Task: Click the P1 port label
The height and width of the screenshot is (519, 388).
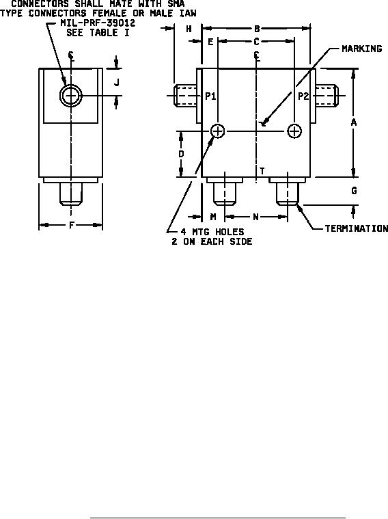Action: (210, 96)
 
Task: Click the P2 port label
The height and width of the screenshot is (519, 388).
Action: (303, 96)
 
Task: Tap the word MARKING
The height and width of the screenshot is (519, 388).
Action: (362, 49)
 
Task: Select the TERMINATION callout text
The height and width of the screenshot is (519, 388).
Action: (357, 228)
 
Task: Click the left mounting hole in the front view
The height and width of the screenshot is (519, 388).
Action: (218, 131)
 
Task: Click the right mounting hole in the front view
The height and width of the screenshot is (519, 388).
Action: (294, 131)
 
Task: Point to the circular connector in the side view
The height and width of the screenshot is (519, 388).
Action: (70, 96)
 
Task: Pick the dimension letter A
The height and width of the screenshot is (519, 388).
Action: (354, 122)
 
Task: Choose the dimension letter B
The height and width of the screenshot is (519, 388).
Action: (257, 29)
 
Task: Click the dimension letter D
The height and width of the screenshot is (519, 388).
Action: (181, 154)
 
